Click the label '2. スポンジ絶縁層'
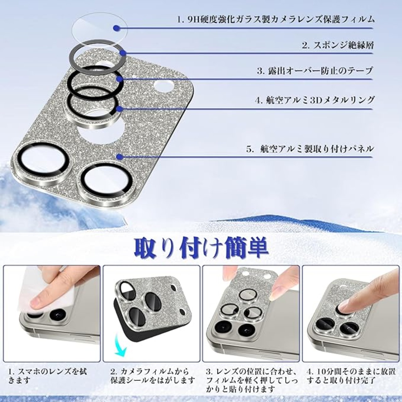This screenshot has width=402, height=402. (x=337, y=46)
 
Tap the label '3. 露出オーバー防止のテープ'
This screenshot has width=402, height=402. (x=315, y=71)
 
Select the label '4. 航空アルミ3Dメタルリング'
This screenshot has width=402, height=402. (x=314, y=100)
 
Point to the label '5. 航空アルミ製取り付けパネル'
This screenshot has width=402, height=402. (x=310, y=149)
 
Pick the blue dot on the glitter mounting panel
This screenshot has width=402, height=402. (x=119, y=156)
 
